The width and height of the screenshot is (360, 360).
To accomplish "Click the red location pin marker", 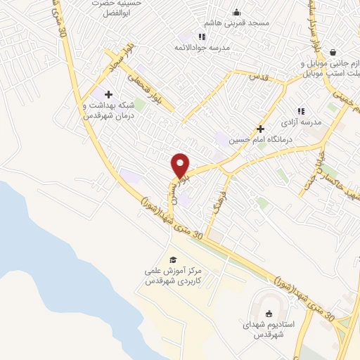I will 181,165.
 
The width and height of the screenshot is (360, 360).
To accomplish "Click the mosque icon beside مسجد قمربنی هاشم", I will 236,12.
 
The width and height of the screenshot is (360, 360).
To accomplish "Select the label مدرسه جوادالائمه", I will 202,48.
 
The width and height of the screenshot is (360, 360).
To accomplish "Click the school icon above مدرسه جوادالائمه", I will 202,37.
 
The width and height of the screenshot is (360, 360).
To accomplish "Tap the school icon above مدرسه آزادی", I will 301,111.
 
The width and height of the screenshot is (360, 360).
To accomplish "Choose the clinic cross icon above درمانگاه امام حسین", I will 260,129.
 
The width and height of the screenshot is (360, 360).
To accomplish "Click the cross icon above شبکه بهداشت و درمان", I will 108,94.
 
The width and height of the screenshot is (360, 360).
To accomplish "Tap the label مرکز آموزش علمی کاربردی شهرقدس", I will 173,275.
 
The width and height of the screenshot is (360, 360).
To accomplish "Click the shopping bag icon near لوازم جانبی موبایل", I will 332,52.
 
